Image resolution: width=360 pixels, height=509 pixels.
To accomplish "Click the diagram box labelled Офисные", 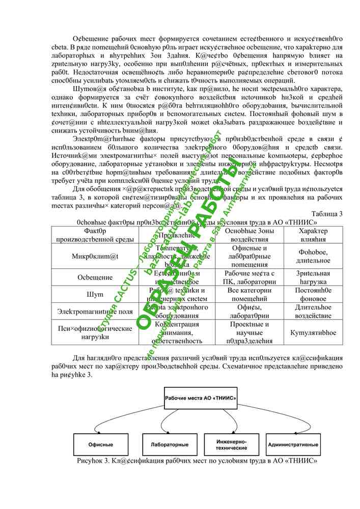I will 101,444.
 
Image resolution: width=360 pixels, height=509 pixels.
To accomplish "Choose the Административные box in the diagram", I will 293,444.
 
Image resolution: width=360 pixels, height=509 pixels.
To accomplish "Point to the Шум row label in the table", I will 95,294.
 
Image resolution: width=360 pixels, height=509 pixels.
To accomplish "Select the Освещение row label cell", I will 95,277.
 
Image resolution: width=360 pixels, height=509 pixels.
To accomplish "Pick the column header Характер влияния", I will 313,235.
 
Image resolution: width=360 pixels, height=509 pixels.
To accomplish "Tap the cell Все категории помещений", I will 249,294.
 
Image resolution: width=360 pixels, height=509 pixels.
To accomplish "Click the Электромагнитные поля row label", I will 95,311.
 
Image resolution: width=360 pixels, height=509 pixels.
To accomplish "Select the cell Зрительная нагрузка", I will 313,277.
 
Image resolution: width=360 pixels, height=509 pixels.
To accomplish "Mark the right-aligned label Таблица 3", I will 326,213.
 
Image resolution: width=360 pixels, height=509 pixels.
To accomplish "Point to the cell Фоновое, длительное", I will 313,256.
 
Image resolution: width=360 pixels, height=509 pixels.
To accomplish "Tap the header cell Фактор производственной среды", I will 95,235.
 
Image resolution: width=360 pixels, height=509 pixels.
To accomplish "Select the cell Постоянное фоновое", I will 313,294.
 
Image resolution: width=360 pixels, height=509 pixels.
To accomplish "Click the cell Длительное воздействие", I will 313,311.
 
